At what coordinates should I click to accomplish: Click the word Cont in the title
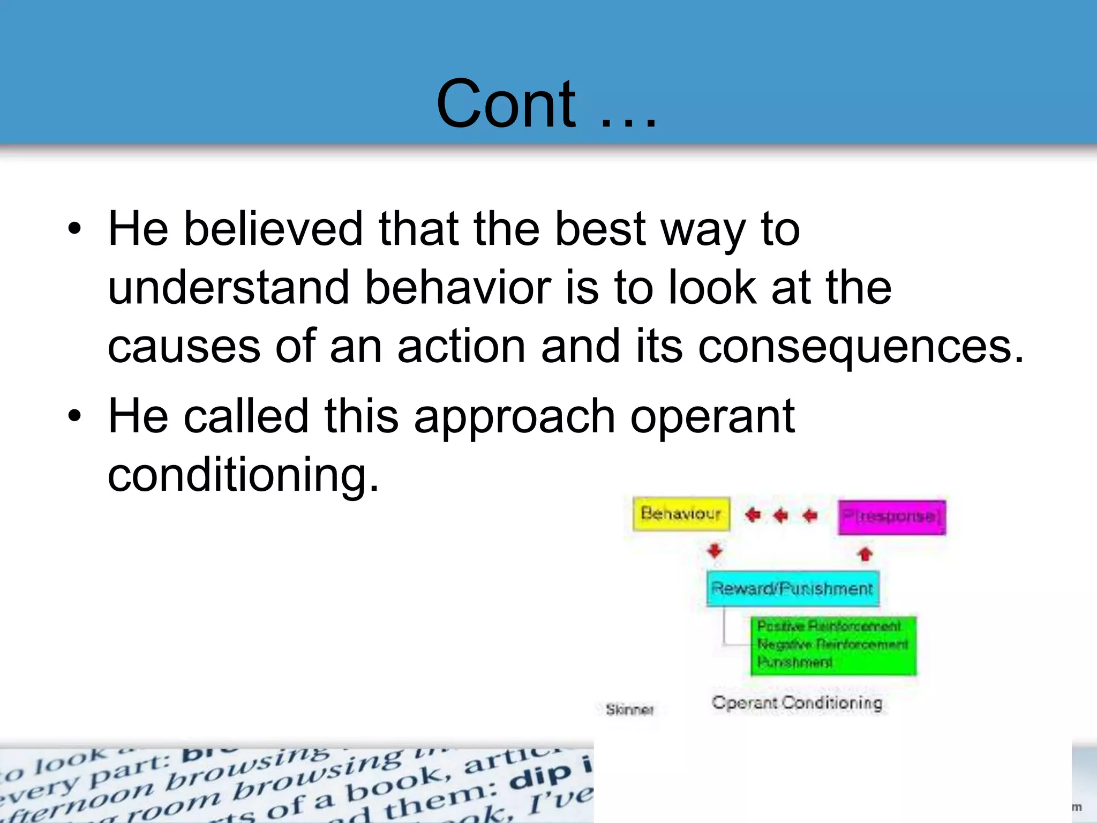point(506,104)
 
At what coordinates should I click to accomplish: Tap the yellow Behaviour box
point(681,514)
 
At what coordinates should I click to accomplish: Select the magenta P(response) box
point(891,517)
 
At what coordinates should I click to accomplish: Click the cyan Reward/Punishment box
point(792,589)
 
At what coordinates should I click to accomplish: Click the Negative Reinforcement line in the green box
point(832,644)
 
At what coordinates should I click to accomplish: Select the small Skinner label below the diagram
point(629,710)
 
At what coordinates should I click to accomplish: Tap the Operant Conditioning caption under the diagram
point(797,702)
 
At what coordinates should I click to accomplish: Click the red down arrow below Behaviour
point(715,551)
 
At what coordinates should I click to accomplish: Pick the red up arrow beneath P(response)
point(865,553)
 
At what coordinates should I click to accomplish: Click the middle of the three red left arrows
point(781,515)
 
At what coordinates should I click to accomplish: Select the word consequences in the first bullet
point(860,347)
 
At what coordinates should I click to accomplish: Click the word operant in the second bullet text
point(712,416)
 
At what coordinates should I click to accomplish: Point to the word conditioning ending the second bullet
point(243,475)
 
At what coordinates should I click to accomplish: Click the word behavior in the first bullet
point(458,288)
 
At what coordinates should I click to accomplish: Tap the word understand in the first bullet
point(229,288)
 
